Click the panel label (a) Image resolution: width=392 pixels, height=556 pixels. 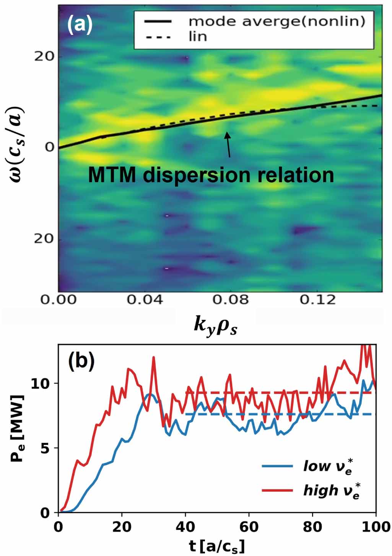tap(80, 25)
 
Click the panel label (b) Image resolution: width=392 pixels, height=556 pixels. tap(81, 362)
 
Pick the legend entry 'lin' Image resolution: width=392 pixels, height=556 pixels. tap(198, 36)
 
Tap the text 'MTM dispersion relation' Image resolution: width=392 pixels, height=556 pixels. tap(211, 175)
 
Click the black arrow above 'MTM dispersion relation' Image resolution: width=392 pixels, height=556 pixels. tap(228, 145)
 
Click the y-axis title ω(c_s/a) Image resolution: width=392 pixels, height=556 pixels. tap(16, 145)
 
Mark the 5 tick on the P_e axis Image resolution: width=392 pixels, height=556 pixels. tap(45, 448)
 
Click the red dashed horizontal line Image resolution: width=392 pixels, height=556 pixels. tap(279, 393)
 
